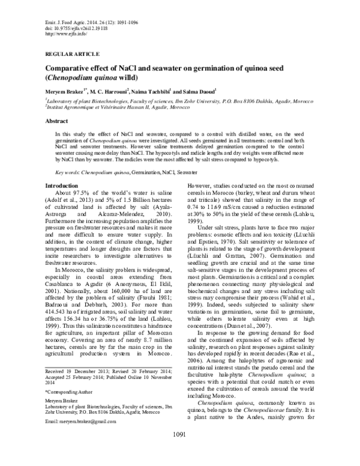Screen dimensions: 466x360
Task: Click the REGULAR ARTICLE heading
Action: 67,53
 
